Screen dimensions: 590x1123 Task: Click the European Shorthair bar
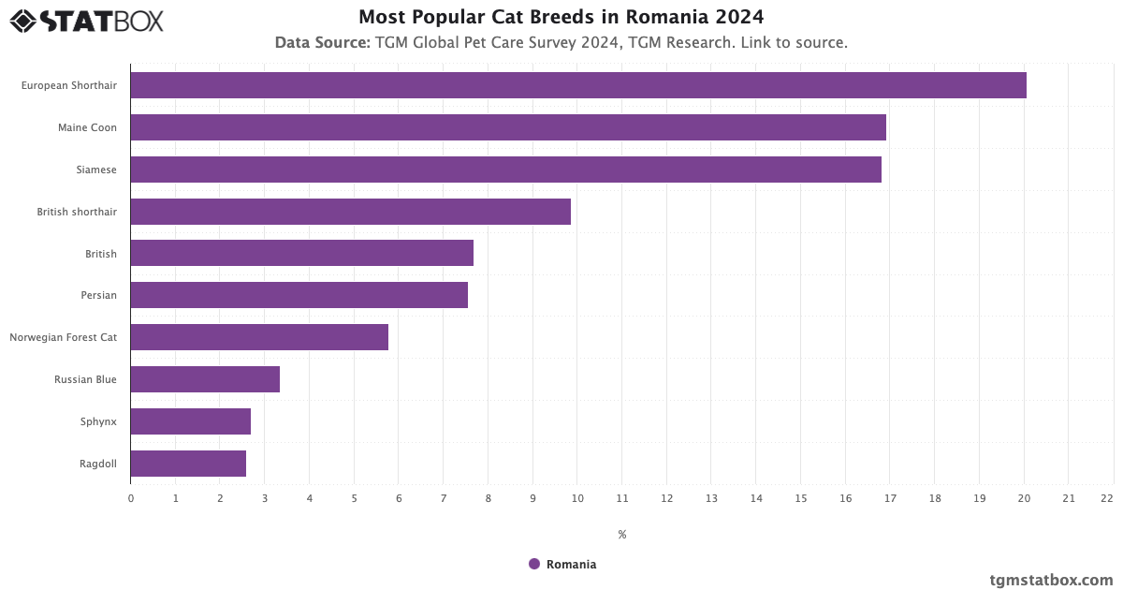click(x=578, y=85)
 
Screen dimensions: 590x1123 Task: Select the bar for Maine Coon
click(x=508, y=127)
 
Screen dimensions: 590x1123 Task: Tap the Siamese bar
click(x=505, y=170)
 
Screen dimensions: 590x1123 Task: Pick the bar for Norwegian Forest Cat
click(x=259, y=337)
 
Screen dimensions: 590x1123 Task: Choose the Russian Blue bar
click(x=205, y=379)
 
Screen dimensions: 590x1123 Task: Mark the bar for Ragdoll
click(x=188, y=464)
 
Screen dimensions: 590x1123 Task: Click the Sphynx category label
click(x=98, y=421)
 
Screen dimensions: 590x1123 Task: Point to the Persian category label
click(x=98, y=295)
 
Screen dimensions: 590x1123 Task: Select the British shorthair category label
click(x=77, y=212)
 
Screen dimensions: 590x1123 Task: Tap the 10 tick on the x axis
click(x=577, y=498)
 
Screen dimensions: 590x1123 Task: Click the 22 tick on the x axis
click(x=1107, y=498)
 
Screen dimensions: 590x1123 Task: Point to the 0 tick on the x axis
click(x=131, y=498)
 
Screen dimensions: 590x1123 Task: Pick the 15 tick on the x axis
click(x=800, y=498)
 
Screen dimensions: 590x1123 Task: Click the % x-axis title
click(x=622, y=535)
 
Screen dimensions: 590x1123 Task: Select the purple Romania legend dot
click(x=534, y=564)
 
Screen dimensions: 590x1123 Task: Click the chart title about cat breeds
click(x=561, y=17)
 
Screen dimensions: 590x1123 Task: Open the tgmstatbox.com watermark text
click(x=1051, y=580)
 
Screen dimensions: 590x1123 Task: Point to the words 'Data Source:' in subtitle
click(x=322, y=42)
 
